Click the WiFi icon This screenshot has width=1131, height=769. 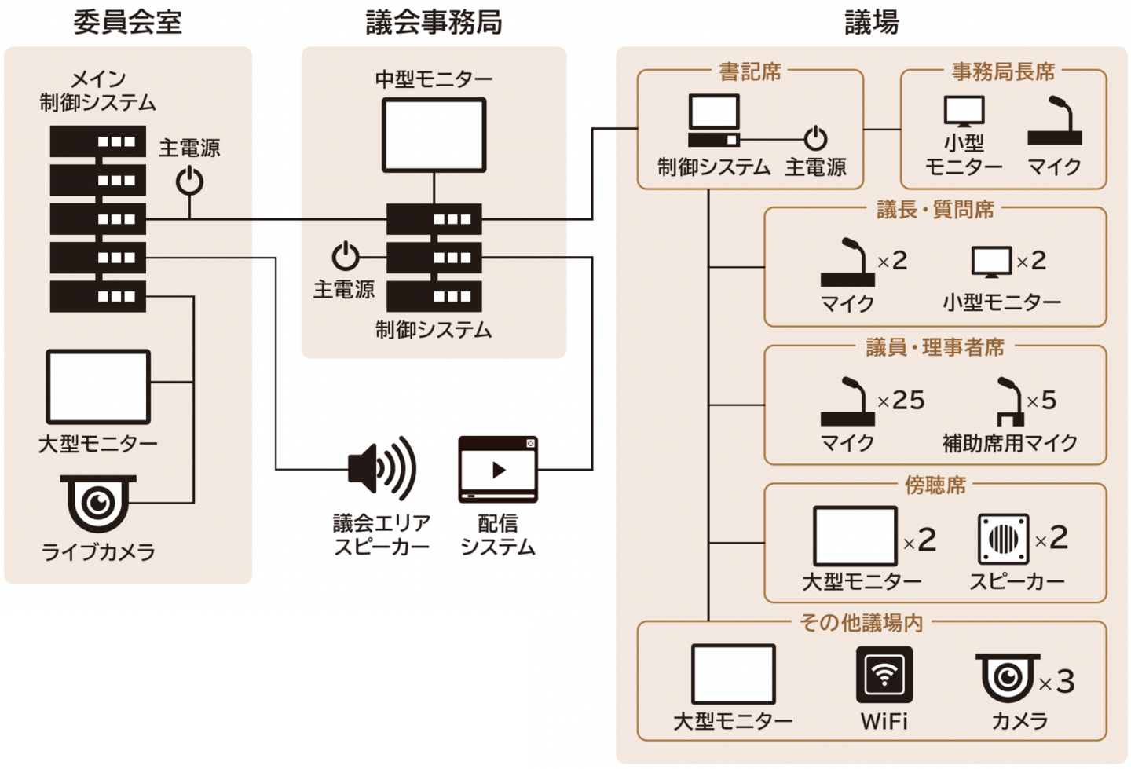(884, 674)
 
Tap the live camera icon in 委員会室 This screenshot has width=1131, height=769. (98, 502)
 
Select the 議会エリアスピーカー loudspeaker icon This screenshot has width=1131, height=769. (382, 469)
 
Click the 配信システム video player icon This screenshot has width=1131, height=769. (498, 470)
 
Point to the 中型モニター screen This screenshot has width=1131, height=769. (434, 135)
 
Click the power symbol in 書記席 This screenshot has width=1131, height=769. (815, 138)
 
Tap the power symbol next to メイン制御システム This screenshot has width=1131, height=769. (189, 181)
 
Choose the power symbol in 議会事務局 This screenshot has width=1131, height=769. (346, 256)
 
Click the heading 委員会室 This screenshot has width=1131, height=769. (127, 22)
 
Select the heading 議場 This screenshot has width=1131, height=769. (872, 22)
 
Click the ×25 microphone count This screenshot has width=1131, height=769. (901, 401)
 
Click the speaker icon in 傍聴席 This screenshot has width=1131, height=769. (1003, 539)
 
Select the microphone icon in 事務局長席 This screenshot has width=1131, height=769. (1055, 122)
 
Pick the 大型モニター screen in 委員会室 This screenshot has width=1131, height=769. (98, 387)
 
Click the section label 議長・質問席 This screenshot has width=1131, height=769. (935, 210)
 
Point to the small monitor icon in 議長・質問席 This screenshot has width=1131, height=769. (991, 262)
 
